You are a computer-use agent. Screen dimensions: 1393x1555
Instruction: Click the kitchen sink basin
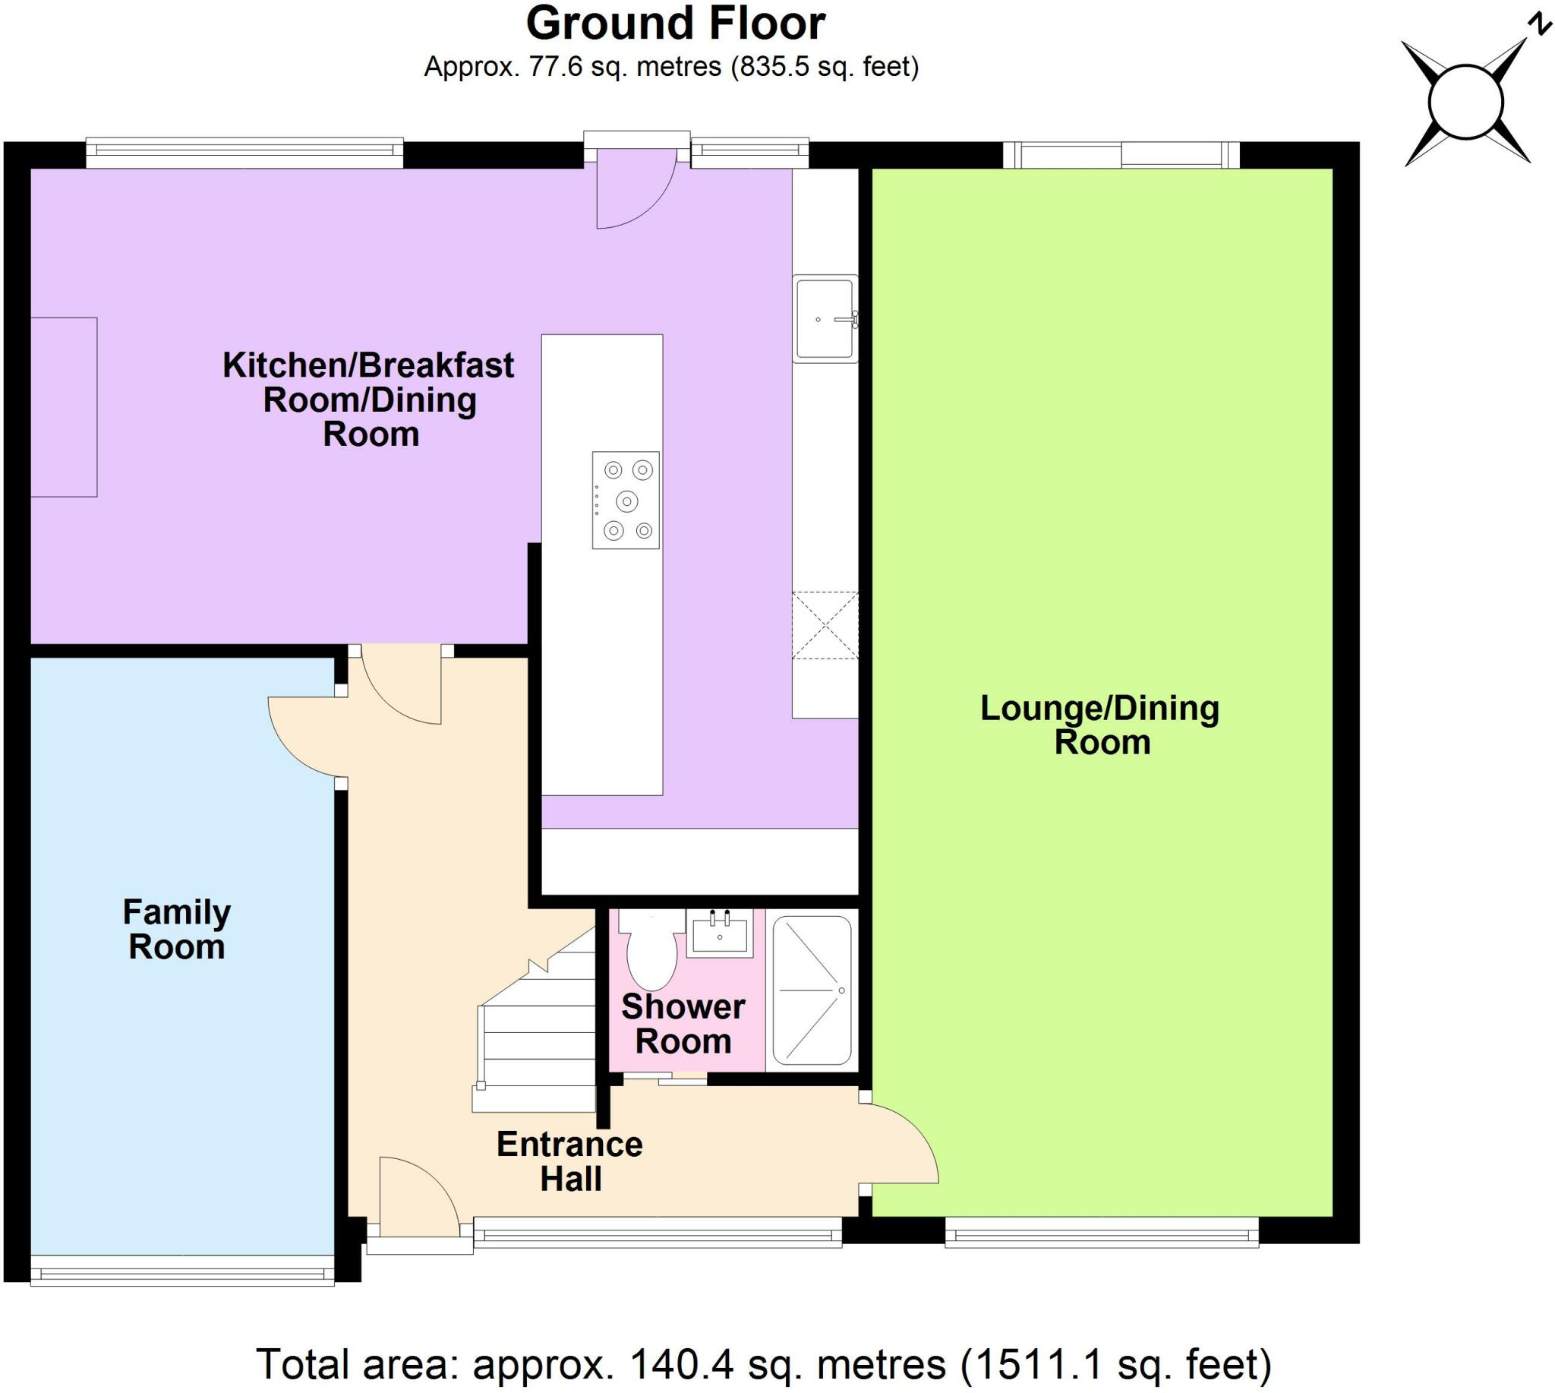pyautogui.click(x=824, y=318)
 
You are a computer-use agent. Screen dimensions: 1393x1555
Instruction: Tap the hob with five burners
pyautogui.click(x=625, y=500)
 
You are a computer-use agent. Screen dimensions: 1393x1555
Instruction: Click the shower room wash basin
pyautogui.click(x=719, y=933)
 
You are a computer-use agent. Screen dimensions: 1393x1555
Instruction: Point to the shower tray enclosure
pyautogui.click(x=812, y=990)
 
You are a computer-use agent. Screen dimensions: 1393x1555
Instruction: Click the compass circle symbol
pyautogui.click(x=1465, y=103)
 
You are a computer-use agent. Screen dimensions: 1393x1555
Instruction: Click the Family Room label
pyautogui.click(x=177, y=929)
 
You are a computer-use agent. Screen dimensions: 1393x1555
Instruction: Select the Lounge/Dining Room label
pyautogui.click(x=1099, y=725)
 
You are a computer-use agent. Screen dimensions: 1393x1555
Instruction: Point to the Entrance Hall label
pyautogui.click(x=570, y=1161)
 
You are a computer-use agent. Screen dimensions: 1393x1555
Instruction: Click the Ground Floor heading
pyautogui.click(x=675, y=24)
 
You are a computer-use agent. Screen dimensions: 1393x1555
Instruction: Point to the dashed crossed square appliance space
pyautogui.click(x=824, y=625)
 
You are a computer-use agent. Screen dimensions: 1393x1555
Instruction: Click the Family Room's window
pyautogui.click(x=182, y=1275)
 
